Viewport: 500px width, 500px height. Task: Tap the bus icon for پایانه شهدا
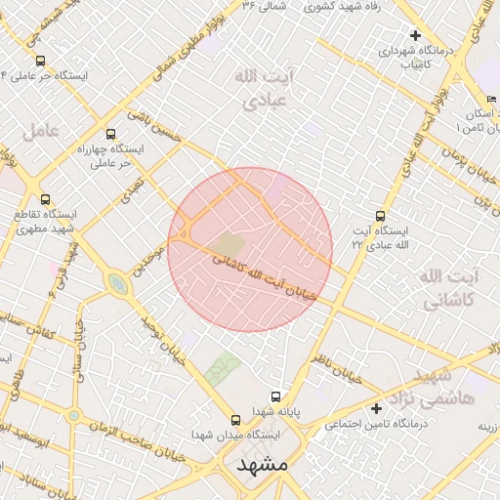[277, 396]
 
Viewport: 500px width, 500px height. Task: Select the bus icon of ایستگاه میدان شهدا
[236, 418]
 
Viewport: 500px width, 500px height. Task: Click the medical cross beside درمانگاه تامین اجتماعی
[376, 407]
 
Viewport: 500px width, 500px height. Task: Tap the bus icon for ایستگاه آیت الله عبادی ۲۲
[380, 217]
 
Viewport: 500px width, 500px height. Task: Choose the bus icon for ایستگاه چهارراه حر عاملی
[109, 134]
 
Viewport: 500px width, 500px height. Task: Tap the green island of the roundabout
[118, 284]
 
